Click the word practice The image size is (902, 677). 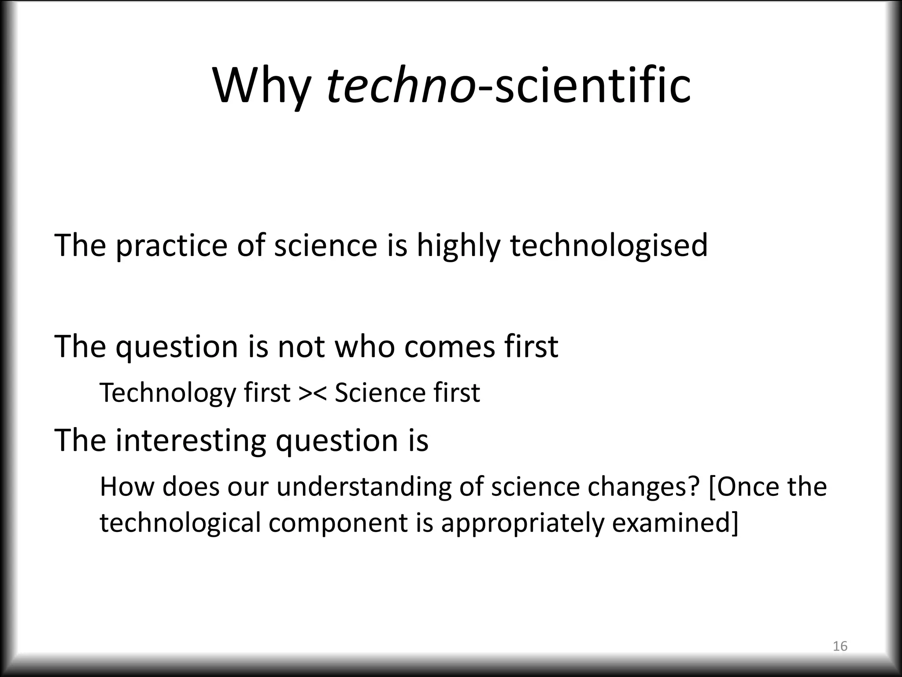coord(171,246)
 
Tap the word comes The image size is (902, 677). coord(450,347)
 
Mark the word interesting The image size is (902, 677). coord(191,441)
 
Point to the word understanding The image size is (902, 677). coord(364,487)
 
